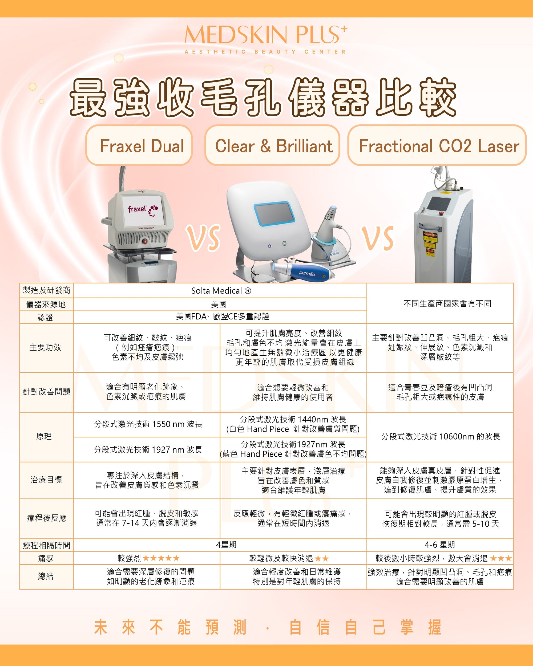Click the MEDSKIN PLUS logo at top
266,39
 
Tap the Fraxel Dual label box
139,145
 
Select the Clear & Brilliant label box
272,145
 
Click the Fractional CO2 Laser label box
437,145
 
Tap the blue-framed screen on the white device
274,213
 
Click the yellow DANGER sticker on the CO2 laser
430,241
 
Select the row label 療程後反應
47,518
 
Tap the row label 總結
46,576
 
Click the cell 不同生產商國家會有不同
447,304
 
